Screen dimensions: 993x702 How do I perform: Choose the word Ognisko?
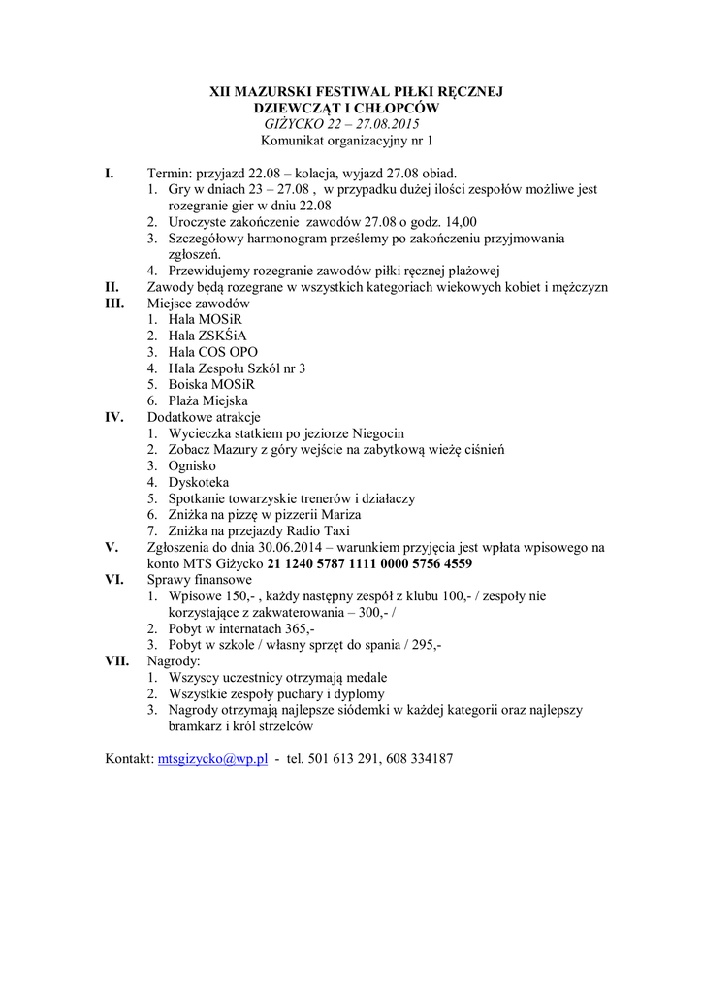pos(192,465)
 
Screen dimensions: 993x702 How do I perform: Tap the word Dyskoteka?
pos(199,482)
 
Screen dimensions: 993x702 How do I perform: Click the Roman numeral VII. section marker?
pos(118,660)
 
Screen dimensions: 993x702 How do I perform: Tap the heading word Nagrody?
pos(174,660)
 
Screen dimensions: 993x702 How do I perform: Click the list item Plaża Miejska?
pos(207,400)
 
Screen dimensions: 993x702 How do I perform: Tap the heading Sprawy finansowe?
pos(200,580)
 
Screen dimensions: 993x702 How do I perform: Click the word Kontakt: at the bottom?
pos(129,759)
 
